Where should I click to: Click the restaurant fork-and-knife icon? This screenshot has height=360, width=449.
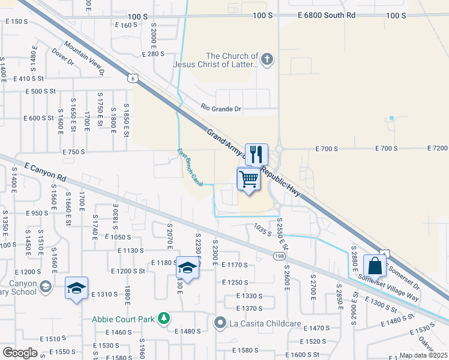tap(256, 154)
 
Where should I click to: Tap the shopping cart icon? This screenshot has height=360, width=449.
tap(248, 179)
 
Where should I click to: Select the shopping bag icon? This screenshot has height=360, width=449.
tap(375, 265)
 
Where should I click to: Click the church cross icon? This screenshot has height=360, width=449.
tap(268, 59)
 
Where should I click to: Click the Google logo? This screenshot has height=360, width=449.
tap(20, 352)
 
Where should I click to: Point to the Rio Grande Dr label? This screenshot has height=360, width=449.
tap(221, 109)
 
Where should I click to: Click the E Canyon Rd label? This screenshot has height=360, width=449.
tap(45, 170)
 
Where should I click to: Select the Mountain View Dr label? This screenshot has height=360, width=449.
tap(85, 58)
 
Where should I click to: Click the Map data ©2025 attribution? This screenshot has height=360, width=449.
tap(423, 355)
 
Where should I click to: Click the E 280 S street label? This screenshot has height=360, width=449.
tap(153, 54)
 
